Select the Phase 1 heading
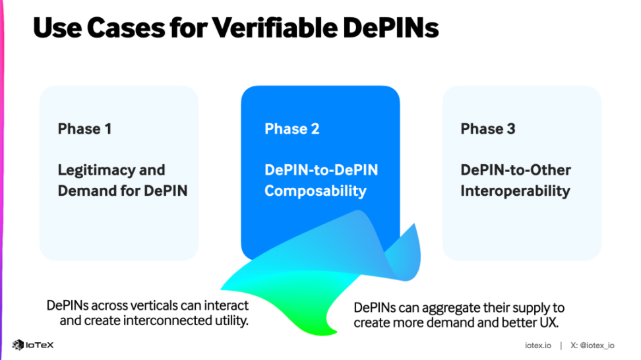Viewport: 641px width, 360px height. [84, 129]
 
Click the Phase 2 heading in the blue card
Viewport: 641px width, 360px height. [291, 129]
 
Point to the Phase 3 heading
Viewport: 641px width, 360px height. [488, 129]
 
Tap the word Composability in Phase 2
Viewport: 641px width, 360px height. [315, 191]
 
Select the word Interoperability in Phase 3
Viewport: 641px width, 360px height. [515, 191]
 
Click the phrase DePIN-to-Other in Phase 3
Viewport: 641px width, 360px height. [515, 170]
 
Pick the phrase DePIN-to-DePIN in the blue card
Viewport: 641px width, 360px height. [321, 170]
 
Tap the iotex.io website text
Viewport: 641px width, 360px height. [537, 345]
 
